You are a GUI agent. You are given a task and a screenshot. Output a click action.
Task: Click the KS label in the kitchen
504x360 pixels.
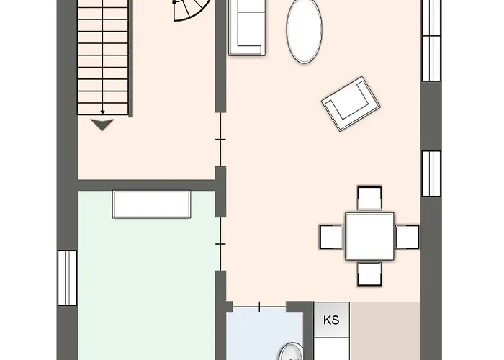pyautogui.click(x=331, y=320)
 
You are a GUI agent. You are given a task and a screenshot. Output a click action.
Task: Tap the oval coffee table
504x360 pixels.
pyautogui.click(x=304, y=32)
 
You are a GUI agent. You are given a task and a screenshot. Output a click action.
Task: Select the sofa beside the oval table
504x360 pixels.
pyautogui.click(x=246, y=27)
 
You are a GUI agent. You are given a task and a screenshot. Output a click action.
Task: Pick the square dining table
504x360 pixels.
pyautogui.click(x=369, y=235)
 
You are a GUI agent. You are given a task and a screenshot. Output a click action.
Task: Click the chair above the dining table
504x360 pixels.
pyautogui.click(x=369, y=198)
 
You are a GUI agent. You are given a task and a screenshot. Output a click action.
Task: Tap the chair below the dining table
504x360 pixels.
pyautogui.click(x=369, y=273)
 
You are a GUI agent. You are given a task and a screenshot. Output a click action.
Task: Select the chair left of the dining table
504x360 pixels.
pyautogui.click(x=331, y=235)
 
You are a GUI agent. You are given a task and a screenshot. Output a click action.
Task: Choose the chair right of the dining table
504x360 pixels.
pyautogui.click(x=407, y=235)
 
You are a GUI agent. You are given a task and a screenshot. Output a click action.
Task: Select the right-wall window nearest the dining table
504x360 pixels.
pyautogui.click(x=431, y=174)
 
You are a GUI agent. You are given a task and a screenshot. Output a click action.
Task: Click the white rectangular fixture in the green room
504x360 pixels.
pyautogui.click(x=151, y=204)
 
